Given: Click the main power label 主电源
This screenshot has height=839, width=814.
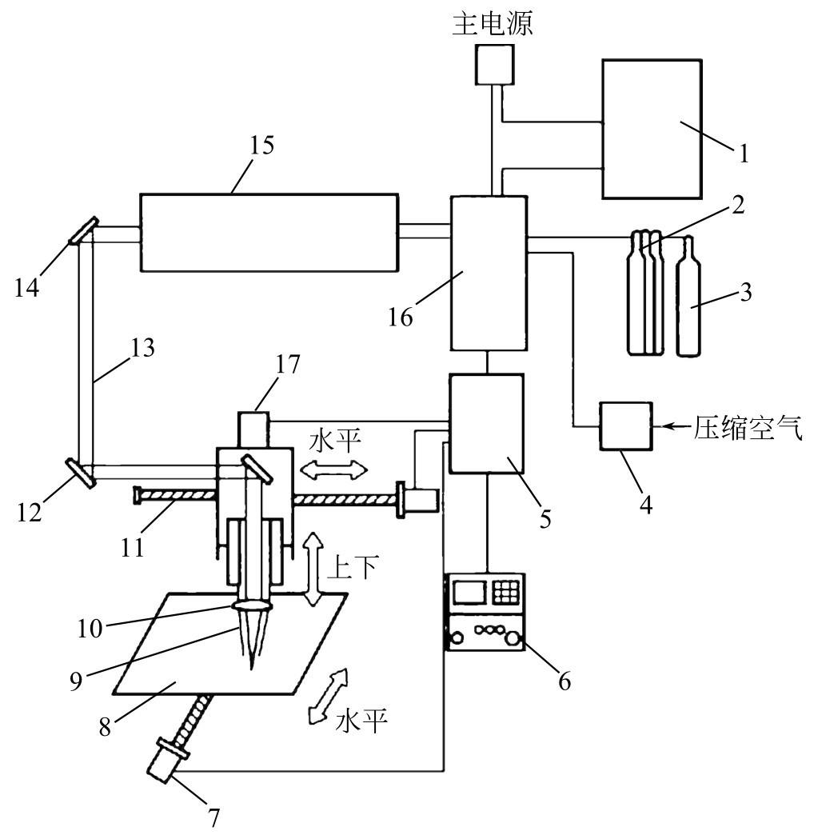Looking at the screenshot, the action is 492,24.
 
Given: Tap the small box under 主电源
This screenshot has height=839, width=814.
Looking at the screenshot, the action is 495,64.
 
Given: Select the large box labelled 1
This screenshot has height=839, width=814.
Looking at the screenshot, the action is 652,129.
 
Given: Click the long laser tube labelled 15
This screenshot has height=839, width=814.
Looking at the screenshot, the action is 269,233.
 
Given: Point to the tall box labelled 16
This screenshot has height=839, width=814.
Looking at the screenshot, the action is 489,273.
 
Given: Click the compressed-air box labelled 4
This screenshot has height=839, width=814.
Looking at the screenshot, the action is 626,426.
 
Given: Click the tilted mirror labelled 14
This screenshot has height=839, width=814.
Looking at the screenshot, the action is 84,230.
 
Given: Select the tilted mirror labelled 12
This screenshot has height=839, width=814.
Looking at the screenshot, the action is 81,473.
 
